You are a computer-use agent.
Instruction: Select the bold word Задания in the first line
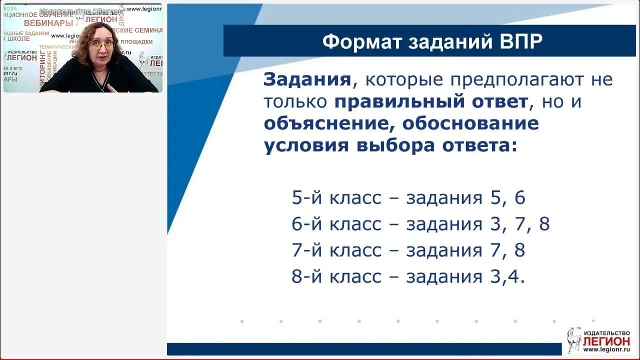coord(306,79)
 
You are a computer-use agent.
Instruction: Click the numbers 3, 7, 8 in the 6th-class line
coord(520,224)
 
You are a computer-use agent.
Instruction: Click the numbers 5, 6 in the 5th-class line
coord(507,198)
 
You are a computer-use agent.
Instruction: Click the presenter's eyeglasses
coord(102,45)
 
